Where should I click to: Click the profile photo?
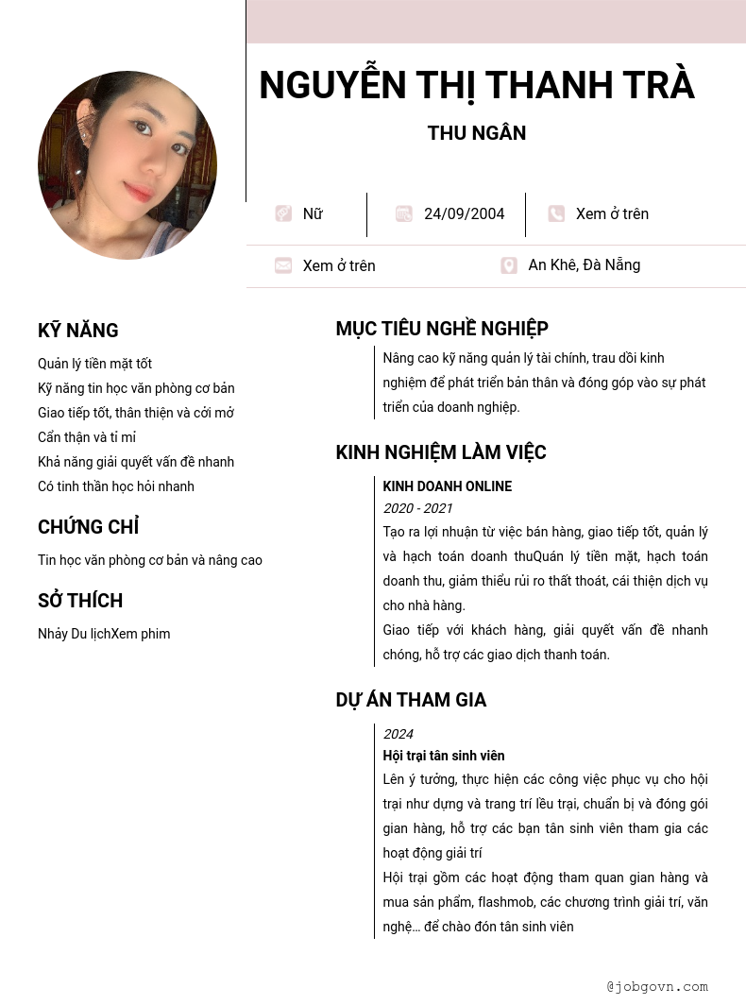(127, 165)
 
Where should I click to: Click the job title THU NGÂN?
(477, 133)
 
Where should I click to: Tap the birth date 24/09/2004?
(464, 214)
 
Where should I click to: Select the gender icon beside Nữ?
(283, 213)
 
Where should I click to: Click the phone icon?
(556, 213)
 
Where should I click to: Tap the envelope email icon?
(283, 265)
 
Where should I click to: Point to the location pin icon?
(509, 265)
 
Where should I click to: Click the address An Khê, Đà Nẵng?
(584, 265)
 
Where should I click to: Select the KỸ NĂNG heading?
(78, 331)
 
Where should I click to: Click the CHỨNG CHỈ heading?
(89, 527)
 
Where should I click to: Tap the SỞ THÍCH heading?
(80, 601)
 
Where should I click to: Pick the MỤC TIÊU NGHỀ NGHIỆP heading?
(442, 329)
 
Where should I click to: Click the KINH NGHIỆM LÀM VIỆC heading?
(441, 452)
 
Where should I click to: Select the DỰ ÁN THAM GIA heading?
(411, 700)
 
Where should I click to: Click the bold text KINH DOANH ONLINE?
(447, 486)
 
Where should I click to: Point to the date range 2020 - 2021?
(417, 508)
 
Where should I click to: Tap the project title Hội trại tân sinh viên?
(444, 756)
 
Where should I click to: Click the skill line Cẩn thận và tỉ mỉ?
(87, 437)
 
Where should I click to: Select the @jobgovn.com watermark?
(657, 986)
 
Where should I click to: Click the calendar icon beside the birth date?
(404, 213)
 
